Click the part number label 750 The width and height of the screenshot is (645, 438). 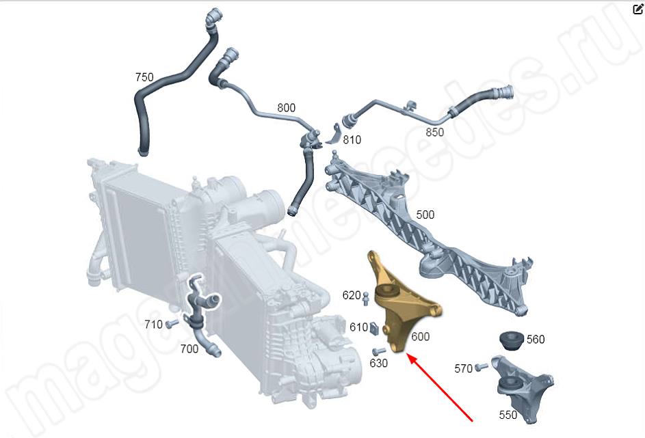click(x=144, y=77)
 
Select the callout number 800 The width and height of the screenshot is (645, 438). click(x=287, y=108)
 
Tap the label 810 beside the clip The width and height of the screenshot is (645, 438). click(x=352, y=139)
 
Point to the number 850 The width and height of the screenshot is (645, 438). click(x=435, y=132)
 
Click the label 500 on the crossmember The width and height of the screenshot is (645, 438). click(x=425, y=215)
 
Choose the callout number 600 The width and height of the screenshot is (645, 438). click(x=421, y=336)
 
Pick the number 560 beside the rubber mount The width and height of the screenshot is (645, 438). click(x=536, y=339)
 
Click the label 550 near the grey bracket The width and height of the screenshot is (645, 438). click(x=508, y=415)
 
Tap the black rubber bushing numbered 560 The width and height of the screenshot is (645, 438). click(x=512, y=340)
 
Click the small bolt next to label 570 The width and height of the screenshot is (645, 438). click(x=481, y=367)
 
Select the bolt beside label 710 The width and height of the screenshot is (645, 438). click(x=172, y=324)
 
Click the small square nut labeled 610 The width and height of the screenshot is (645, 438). click(x=375, y=328)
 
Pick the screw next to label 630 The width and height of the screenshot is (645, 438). click(x=378, y=352)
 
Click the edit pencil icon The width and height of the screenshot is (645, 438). click(x=637, y=9)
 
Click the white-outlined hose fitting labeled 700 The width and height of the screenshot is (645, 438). click(x=200, y=312)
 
